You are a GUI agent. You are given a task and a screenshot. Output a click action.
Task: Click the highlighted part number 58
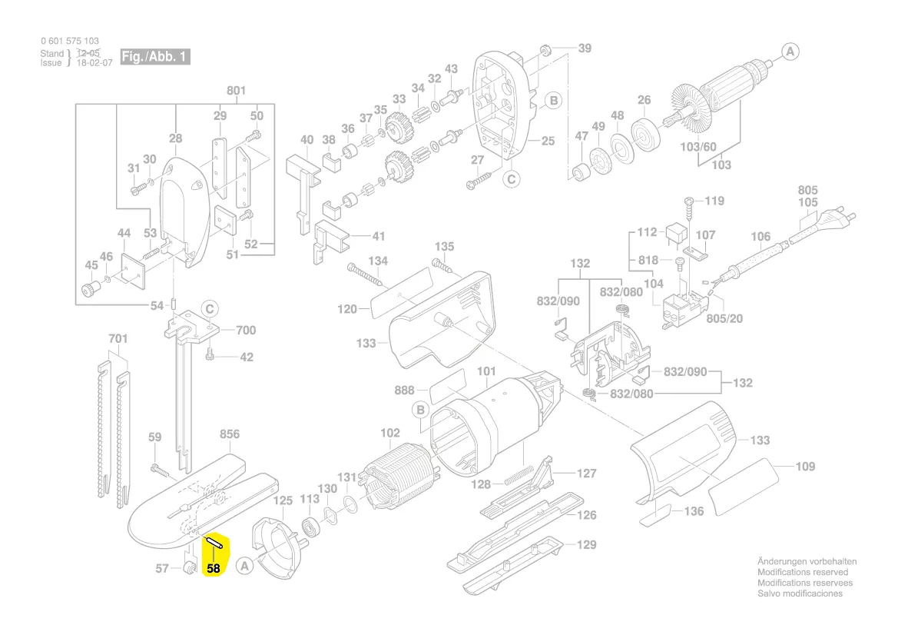(x=213, y=568)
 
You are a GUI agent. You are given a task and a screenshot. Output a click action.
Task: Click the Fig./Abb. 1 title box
(x=154, y=57)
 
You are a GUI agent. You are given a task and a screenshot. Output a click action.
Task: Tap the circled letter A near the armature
(x=790, y=52)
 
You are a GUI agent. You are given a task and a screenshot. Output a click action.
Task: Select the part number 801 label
(x=236, y=91)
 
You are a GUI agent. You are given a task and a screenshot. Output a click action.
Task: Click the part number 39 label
(x=585, y=48)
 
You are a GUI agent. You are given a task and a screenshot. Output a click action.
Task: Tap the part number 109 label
(x=805, y=467)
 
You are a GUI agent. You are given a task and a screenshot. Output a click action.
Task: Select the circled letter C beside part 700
(x=210, y=310)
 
